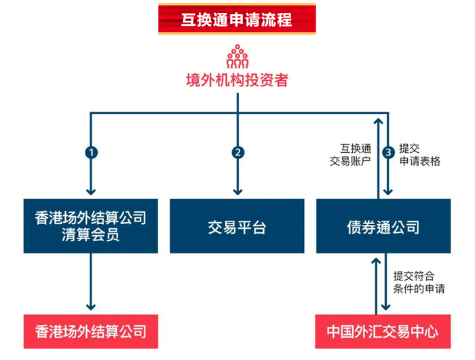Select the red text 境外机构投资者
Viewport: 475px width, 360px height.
pyautogui.click(x=237, y=80)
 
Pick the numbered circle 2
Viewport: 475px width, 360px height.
pyautogui.click(x=237, y=152)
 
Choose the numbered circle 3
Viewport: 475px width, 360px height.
pyautogui.click(x=388, y=152)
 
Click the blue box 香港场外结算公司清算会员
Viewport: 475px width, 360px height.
pyautogui.click(x=90, y=227)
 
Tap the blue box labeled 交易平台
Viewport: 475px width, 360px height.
pyautogui.click(x=237, y=227)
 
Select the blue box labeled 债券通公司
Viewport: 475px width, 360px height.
pyautogui.click(x=383, y=227)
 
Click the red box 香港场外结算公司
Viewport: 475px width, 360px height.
pyautogui.click(x=90, y=331)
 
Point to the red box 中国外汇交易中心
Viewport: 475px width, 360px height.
pyautogui.click(x=383, y=331)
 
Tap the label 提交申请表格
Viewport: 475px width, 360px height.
pyautogui.click(x=419, y=154)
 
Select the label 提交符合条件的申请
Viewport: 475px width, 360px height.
pyautogui.click(x=419, y=282)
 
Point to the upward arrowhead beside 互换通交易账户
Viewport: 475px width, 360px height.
pyautogui.click(x=377, y=121)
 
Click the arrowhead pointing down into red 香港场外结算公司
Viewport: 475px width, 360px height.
pyautogui.click(x=90, y=308)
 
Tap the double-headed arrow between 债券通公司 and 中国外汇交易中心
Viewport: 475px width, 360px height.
pyautogui.click(x=377, y=284)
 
